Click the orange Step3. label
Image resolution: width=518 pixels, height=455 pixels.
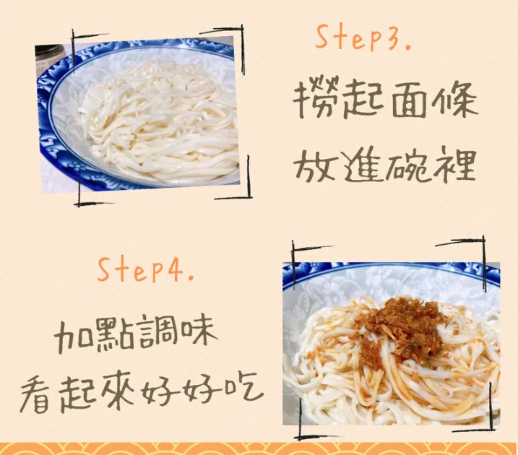(x=364, y=38)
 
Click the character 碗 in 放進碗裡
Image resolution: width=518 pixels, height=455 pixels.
(x=410, y=165)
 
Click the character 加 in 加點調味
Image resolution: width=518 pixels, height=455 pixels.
(x=75, y=334)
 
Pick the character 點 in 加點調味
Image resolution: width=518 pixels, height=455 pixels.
(x=121, y=334)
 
